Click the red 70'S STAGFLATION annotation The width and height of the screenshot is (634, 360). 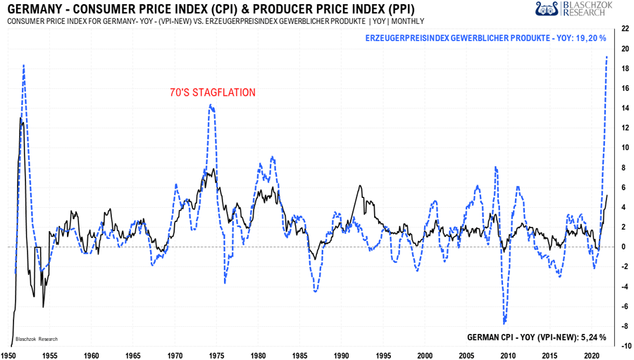pos(212,92)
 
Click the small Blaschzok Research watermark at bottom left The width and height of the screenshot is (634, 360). pos(37,339)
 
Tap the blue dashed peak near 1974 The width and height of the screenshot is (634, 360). pos(211,106)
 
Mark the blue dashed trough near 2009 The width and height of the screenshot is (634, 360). pos(504,323)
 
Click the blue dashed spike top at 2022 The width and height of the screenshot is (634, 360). pos(607,57)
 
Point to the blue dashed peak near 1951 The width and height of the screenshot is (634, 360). pos(23,65)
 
